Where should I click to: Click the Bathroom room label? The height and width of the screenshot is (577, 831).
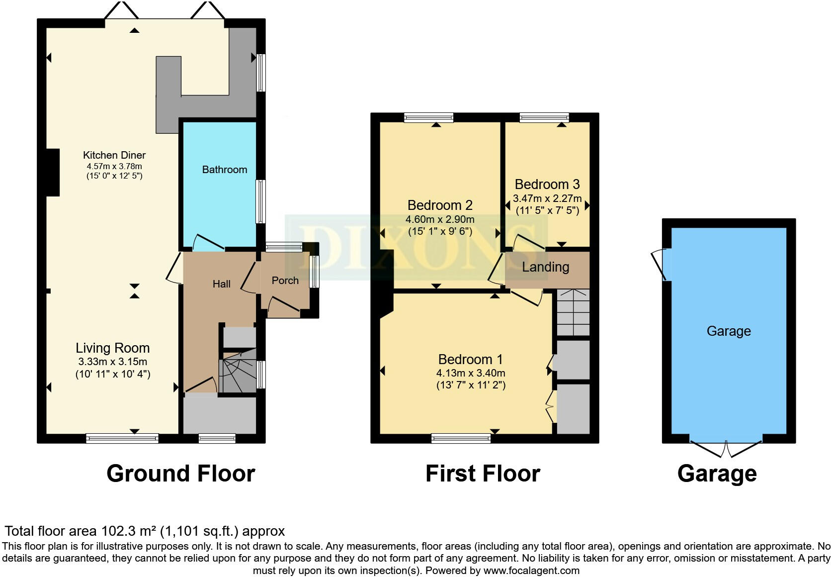(x=224, y=170)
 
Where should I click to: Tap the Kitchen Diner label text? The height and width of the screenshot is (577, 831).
(x=114, y=155)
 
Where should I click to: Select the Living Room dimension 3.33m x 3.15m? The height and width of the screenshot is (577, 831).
(x=112, y=362)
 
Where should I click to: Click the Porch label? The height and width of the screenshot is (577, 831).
(x=285, y=281)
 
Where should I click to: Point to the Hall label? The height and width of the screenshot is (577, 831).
(x=221, y=284)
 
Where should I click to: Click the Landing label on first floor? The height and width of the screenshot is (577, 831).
(x=545, y=267)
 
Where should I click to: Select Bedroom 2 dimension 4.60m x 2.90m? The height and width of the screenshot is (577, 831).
(x=440, y=219)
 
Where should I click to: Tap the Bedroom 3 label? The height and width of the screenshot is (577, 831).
(x=547, y=185)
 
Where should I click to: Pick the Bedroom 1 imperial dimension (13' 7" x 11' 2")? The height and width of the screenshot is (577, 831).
(x=471, y=385)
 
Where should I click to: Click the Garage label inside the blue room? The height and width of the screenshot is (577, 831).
(x=729, y=331)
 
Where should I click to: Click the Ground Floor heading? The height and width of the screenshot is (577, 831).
(x=180, y=474)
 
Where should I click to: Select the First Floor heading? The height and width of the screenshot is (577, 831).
(x=483, y=474)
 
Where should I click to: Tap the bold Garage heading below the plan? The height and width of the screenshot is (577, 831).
(x=717, y=474)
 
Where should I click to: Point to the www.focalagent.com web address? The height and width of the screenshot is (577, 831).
(x=531, y=571)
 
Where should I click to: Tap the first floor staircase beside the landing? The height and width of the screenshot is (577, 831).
(x=573, y=312)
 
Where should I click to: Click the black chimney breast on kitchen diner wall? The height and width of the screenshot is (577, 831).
(x=53, y=172)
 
